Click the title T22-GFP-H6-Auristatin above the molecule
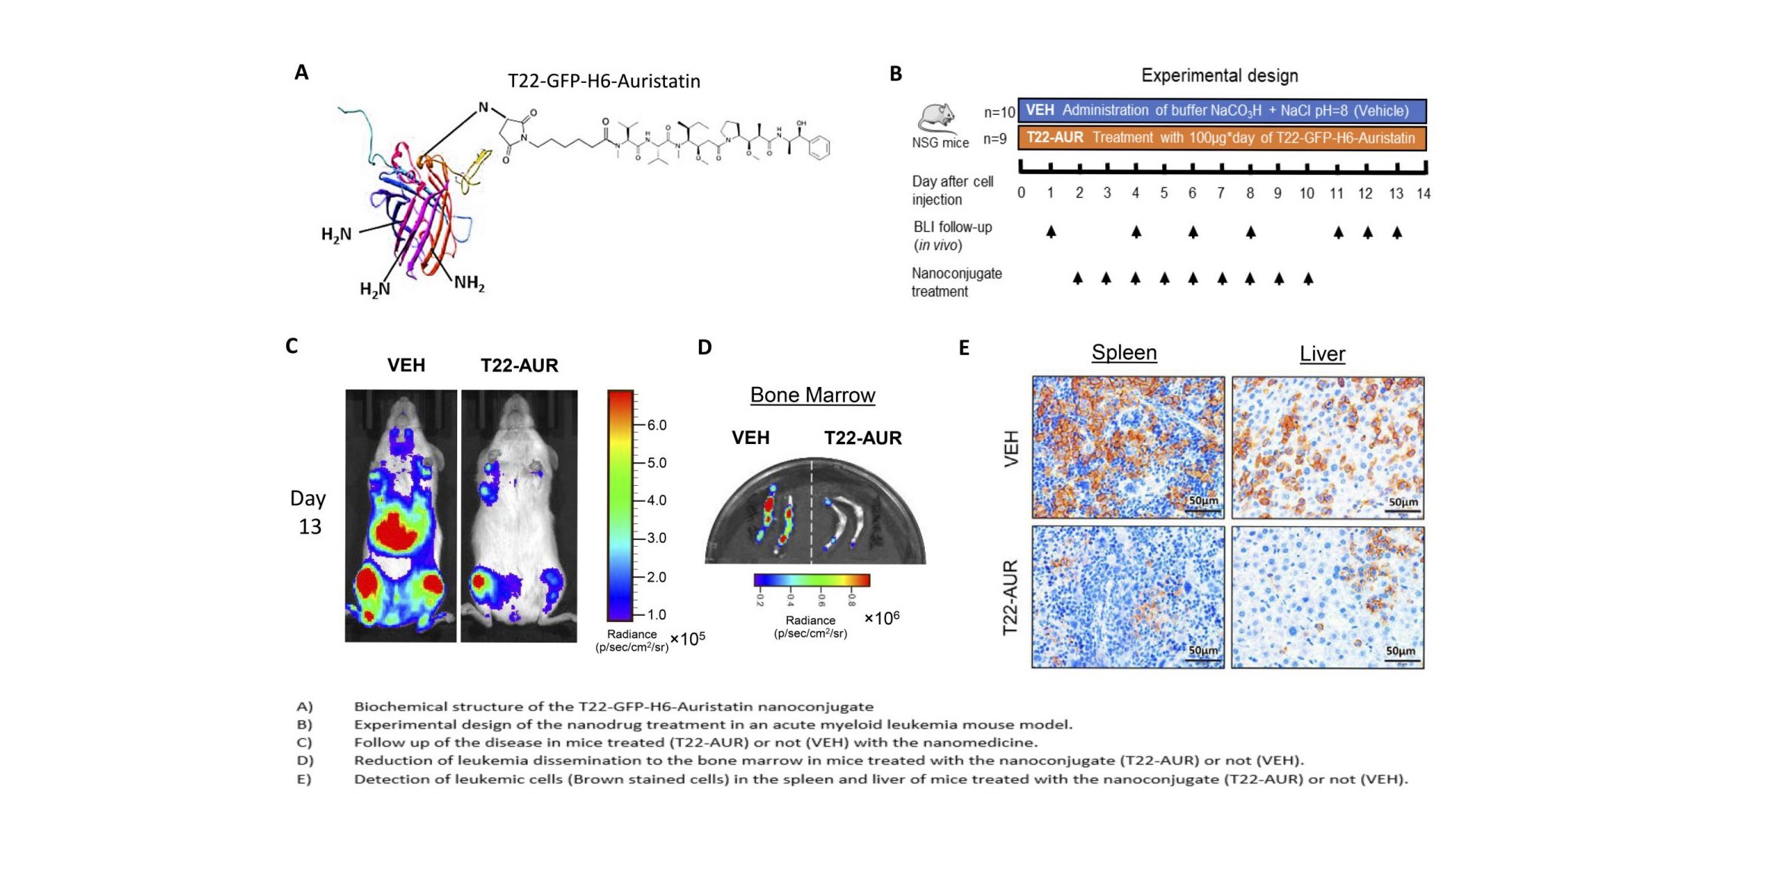pos(603,81)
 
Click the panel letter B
pos(895,74)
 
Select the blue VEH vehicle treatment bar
pos(1222,110)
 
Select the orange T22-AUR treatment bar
pos(1222,138)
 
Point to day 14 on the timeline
pos(1423,193)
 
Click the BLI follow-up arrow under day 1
pos(1050,231)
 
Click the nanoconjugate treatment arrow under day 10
pos(1308,279)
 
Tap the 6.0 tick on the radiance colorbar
pos(655,425)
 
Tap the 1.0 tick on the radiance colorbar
pos(655,614)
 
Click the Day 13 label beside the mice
pos(308,512)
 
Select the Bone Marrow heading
pos(812,395)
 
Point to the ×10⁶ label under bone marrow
pos(882,618)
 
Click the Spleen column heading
pos(1124,353)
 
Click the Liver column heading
pos(1322,354)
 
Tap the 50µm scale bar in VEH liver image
pos(1403,505)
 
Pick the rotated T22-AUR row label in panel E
pos(1009,598)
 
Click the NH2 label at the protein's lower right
pos(469,284)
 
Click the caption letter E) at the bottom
pos(304,779)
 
